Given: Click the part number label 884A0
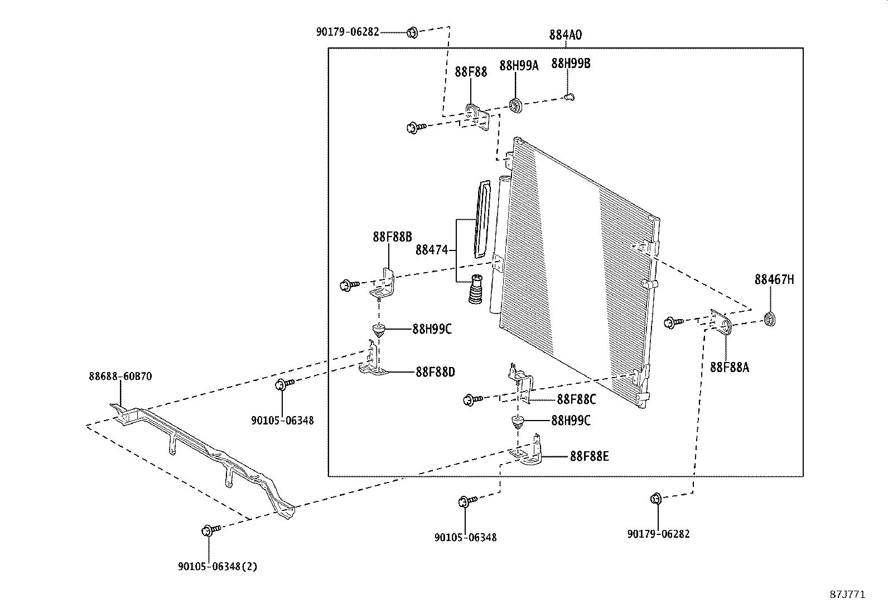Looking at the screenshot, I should pyautogui.click(x=565, y=35).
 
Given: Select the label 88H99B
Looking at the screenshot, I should pyautogui.click(x=571, y=63).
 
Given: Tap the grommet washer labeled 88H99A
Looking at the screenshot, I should pyautogui.click(x=515, y=104).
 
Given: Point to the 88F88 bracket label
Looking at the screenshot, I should pyautogui.click(x=471, y=71).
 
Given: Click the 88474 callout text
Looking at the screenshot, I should pyautogui.click(x=431, y=250).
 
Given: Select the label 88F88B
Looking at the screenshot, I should pyautogui.click(x=392, y=236).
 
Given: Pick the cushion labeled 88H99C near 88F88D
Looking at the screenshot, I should pyautogui.click(x=379, y=329).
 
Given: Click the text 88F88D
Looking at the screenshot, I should pyautogui.click(x=435, y=371).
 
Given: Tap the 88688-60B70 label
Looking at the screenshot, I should pyautogui.click(x=120, y=377).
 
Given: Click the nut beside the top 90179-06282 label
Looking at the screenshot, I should pyautogui.click(x=412, y=32).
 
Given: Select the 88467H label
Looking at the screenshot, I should pyautogui.click(x=774, y=279).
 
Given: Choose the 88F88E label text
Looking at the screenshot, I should pyautogui.click(x=589, y=456).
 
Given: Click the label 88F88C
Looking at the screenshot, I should pyautogui.click(x=576, y=399).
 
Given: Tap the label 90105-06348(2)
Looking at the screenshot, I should pyautogui.click(x=218, y=566).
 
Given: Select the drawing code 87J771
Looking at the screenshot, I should pyautogui.click(x=847, y=595).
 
